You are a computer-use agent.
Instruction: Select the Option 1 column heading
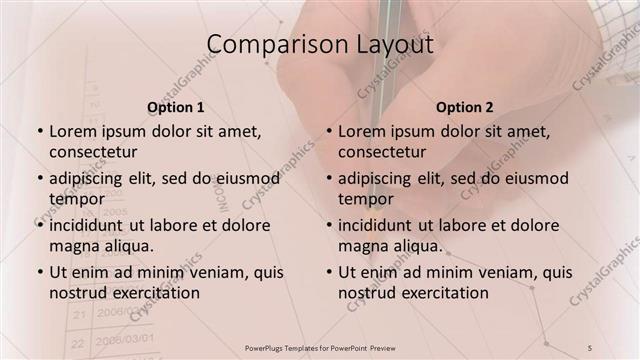176,107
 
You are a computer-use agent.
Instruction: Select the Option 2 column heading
465,107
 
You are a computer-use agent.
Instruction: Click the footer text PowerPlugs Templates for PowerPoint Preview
320,347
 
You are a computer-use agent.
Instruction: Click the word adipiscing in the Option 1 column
91,178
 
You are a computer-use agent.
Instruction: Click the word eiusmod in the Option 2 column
532,178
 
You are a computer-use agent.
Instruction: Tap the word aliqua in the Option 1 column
128,245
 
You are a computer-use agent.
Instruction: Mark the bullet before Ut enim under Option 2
329,272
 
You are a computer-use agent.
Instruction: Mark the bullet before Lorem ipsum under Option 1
40,131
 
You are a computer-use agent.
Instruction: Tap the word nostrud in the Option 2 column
366,293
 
